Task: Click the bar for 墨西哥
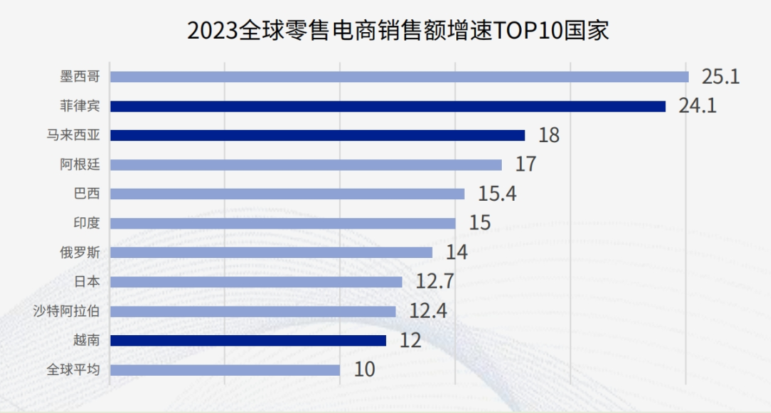(x=400, y=76)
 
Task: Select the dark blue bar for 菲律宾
(x=388, y=106)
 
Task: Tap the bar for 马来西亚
(x=318, y=135)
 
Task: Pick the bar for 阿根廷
(x=306, y=164)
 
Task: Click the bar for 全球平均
(x=226, y=369)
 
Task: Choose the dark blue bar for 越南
(x=248, y=340)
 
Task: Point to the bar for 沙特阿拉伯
(x=253, y=311)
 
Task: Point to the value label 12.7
(x=435, y=282)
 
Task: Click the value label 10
(x=364, y=369)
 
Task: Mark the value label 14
(x=457, y=252)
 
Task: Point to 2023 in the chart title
(x=208, y=30)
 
